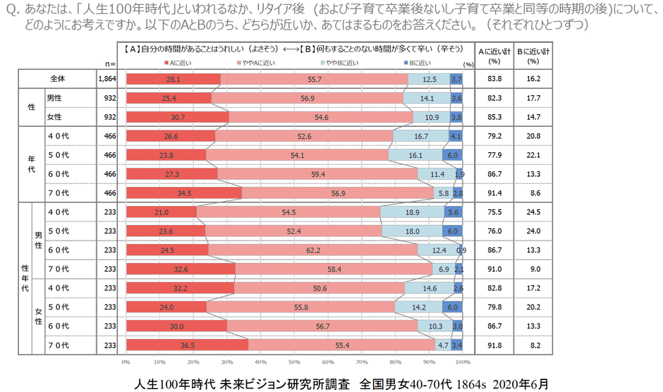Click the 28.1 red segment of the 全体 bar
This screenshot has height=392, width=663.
(173, 80)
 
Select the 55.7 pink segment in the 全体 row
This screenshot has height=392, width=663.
(315, 80)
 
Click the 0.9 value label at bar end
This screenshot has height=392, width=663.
(461, 249)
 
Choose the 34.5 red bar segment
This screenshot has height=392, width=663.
(184, 192)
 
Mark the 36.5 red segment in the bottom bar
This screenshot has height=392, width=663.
(187, 345)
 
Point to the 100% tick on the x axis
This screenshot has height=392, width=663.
(462, 362)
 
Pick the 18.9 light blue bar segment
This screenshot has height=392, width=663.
(412, 212)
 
